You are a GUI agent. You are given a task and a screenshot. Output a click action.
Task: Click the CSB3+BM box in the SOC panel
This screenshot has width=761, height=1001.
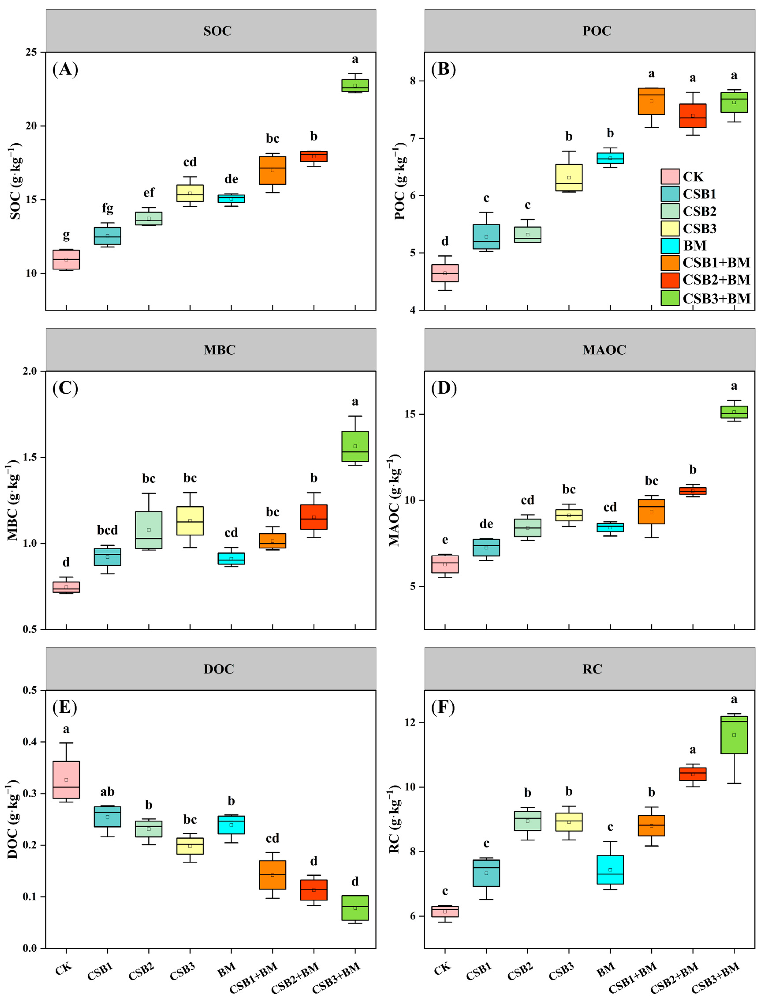355,85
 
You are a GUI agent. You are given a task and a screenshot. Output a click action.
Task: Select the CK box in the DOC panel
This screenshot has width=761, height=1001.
66,779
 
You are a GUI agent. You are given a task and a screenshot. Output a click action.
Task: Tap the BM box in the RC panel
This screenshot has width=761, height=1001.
610,869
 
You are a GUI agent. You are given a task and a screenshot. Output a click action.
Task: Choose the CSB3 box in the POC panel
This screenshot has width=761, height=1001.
569,178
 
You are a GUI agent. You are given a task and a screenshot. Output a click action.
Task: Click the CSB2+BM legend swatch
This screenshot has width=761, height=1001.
670,280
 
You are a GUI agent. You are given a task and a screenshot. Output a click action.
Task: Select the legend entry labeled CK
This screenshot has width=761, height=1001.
693,177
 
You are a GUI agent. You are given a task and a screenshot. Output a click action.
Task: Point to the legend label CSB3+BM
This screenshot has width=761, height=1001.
716,298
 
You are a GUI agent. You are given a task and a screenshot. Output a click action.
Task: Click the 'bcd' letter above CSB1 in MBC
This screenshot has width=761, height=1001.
107,530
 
